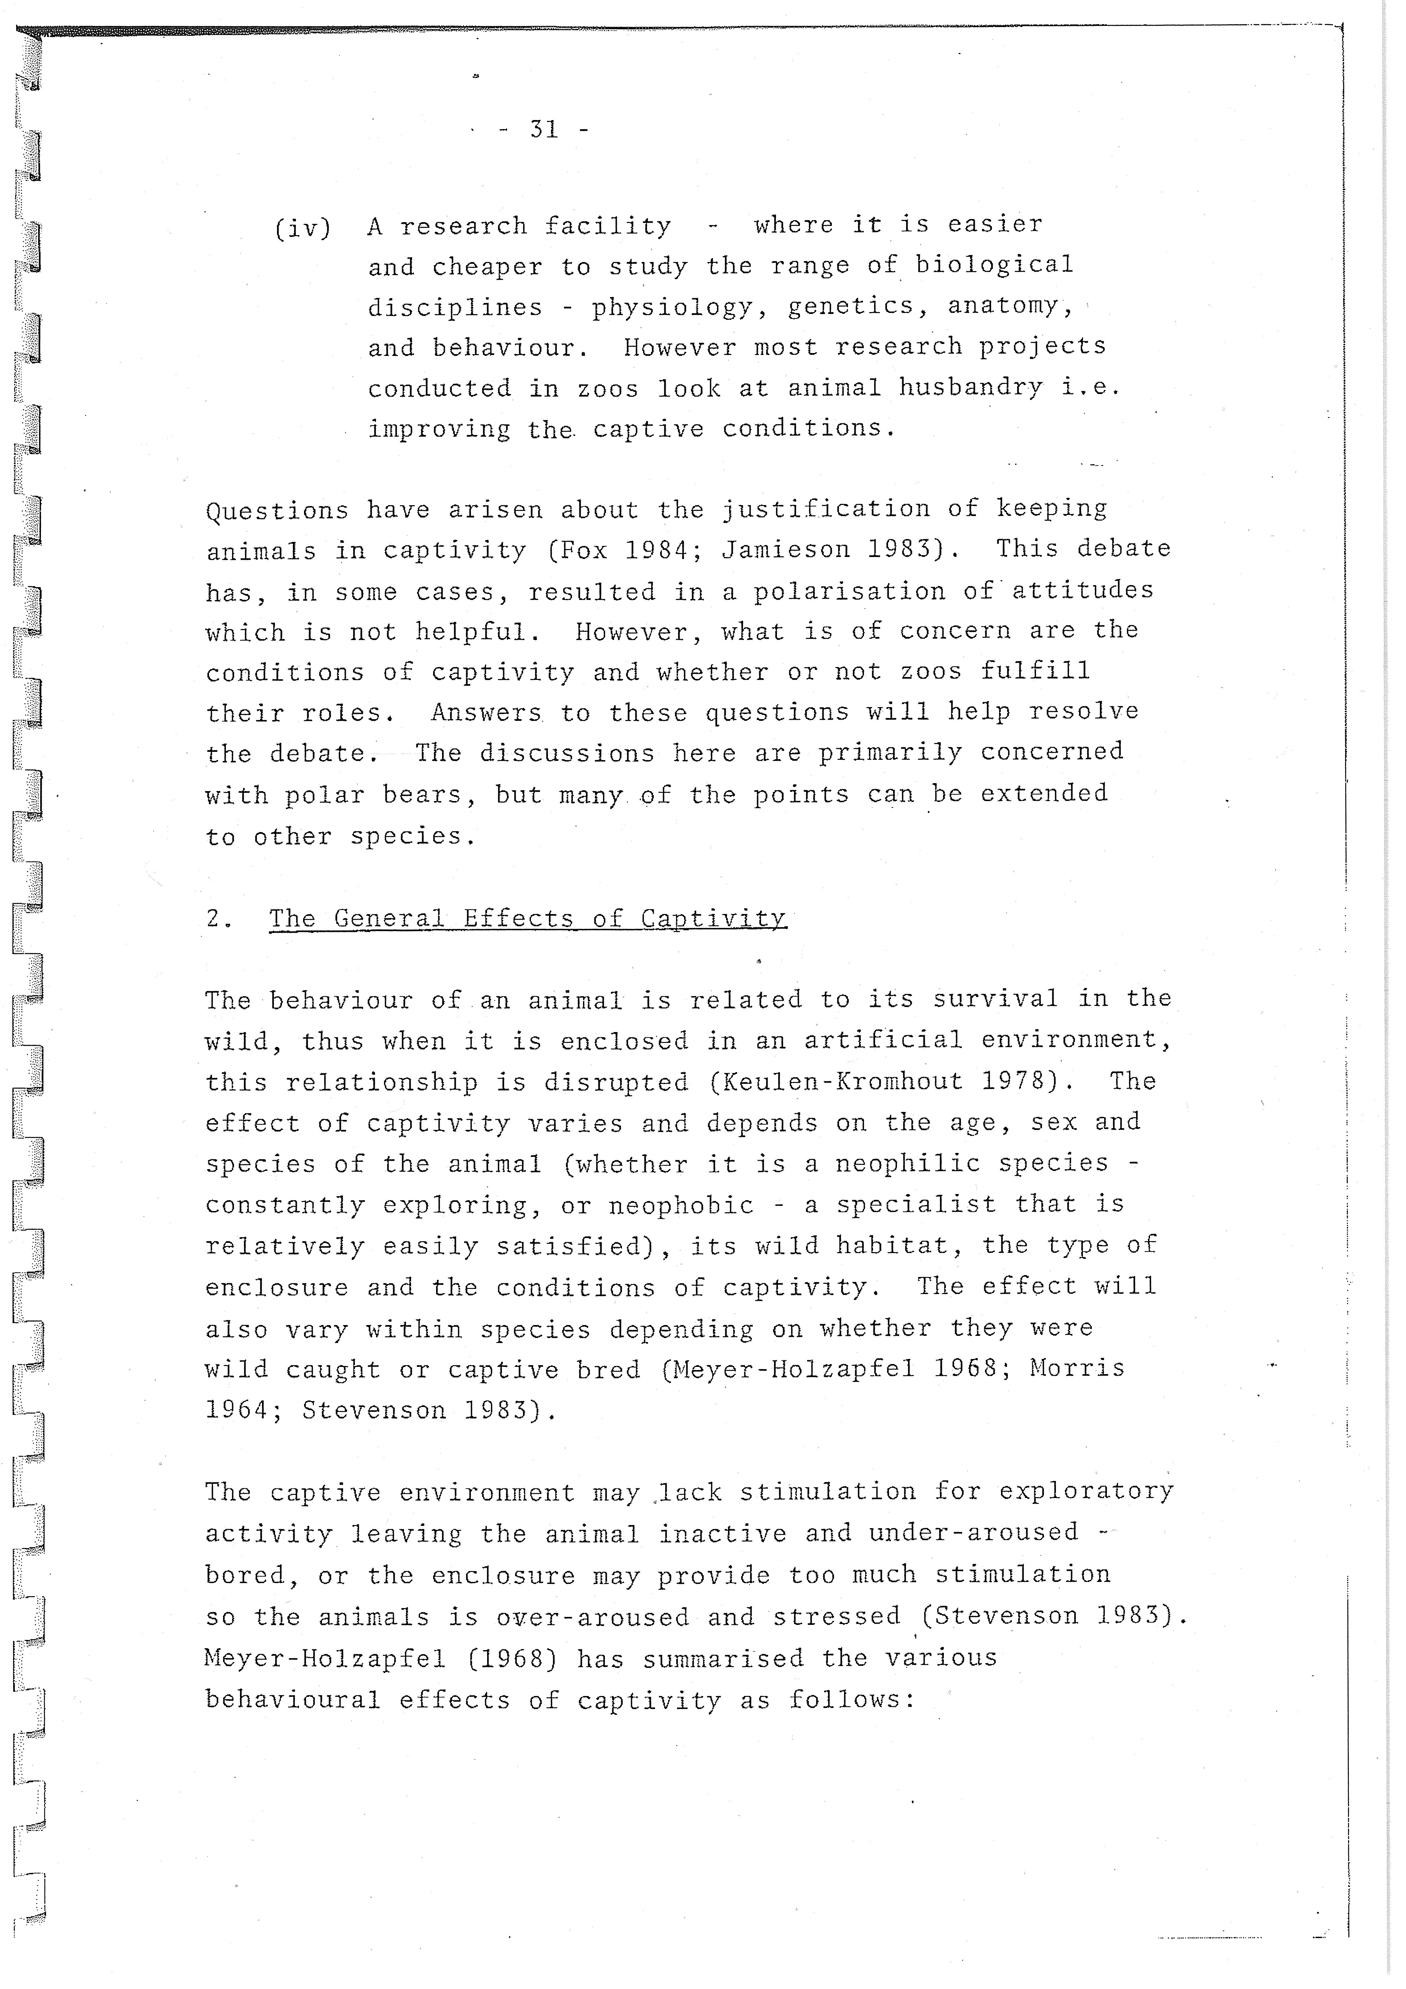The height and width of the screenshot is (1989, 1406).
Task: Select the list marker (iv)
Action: [x=302, y=228]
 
